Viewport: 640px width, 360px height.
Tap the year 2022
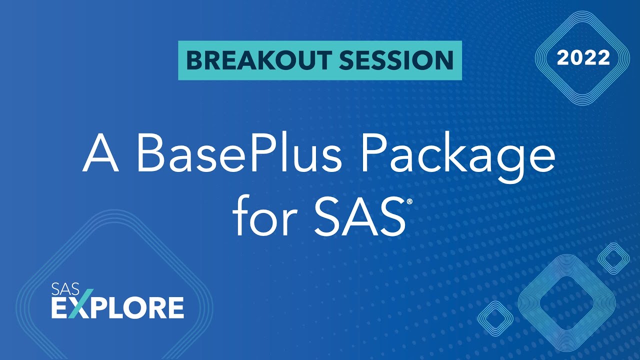point(583,58)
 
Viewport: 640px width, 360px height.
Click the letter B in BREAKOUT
point(192,60)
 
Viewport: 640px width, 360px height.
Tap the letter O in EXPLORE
point(133,307)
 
